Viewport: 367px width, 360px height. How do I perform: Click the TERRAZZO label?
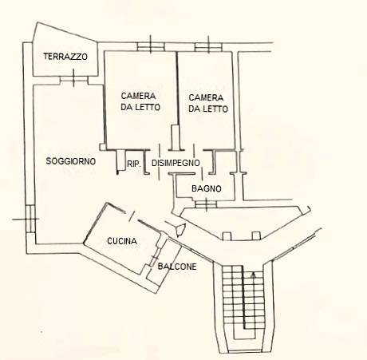coord(65,57)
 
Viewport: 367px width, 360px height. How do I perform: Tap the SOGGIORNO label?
coord(71,161)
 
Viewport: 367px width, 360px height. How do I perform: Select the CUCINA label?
coord(122,241)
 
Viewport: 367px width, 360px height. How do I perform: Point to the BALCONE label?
coord(177,267)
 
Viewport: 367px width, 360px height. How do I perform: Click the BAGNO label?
coord(207,188)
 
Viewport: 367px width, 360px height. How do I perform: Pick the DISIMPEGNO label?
coord(176,163)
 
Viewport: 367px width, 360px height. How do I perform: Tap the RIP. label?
coord(134,164)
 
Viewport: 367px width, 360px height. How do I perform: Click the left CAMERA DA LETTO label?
coord(140,101)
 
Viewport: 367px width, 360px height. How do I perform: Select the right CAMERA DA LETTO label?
coord(208,103)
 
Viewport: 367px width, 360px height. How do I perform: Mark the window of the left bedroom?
coord(151,47)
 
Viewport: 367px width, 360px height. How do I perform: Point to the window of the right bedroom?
coord(208,47)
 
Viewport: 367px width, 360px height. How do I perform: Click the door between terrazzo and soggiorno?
coord(73,80)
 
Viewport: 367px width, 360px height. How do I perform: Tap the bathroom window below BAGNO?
coord(206,204)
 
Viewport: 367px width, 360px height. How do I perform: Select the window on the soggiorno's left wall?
coord(30,219)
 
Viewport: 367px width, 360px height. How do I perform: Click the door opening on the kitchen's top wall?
coord(132,216)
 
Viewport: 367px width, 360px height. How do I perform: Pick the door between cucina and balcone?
coord(154,257)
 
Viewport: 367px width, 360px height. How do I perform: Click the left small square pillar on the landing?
coord(227,236)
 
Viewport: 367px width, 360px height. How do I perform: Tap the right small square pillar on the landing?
coord(256,235)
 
